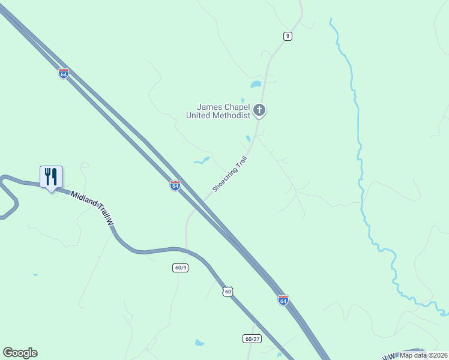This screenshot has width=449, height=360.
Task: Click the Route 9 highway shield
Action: (288, 37)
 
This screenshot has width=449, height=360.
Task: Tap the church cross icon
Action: (259, 110)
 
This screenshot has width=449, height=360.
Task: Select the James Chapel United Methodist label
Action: (218, 111)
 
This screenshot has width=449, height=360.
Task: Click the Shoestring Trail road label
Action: (230, 174)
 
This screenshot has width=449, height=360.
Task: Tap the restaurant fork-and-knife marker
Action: (51, 177)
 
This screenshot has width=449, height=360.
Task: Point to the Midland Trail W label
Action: (92, 208)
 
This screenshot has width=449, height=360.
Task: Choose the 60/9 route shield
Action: (181, 268)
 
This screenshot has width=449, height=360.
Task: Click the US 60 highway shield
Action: (226, 292)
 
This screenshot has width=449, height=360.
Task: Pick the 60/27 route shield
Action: (253, 338)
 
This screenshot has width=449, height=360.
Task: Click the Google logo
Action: (20, 353)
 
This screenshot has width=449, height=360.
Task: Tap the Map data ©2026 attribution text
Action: (423, 355)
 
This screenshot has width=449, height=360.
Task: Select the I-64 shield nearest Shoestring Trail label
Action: (175, 186)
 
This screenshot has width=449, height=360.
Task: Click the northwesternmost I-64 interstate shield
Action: (64, 73)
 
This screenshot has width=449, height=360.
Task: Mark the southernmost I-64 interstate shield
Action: (283, 299)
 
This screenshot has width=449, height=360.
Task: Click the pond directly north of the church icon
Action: (256, 85)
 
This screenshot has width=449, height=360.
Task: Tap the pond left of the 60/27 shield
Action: (199, 343)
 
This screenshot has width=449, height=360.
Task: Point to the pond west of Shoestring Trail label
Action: (201, 161)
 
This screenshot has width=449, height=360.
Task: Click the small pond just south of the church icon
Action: (248, 139)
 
